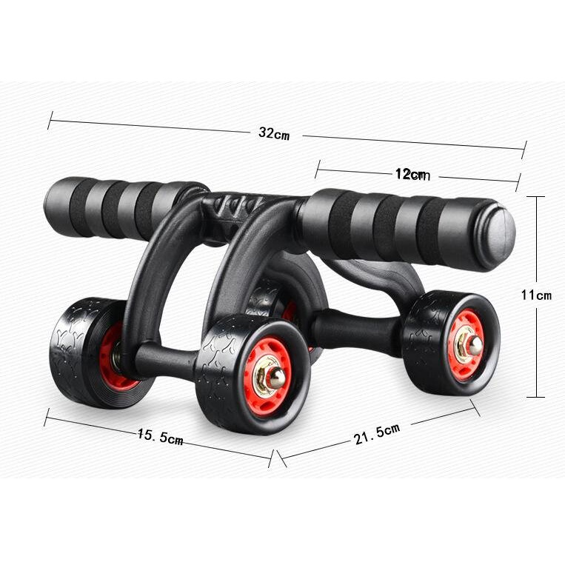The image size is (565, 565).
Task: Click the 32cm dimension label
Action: tap(274, 133)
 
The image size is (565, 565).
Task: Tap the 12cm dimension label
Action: tap(412, 175)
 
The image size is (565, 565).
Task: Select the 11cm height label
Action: tap(536, 295)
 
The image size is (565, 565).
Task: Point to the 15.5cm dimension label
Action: tap(161, 436)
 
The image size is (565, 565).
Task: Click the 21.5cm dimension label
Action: tap(377, 434)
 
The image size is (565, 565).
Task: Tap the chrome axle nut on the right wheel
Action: tap(475, 345)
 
